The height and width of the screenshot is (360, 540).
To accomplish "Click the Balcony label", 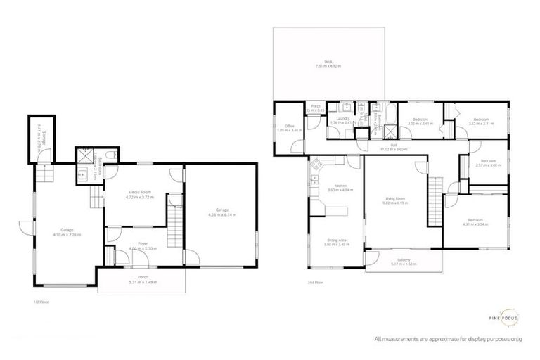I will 403,262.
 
